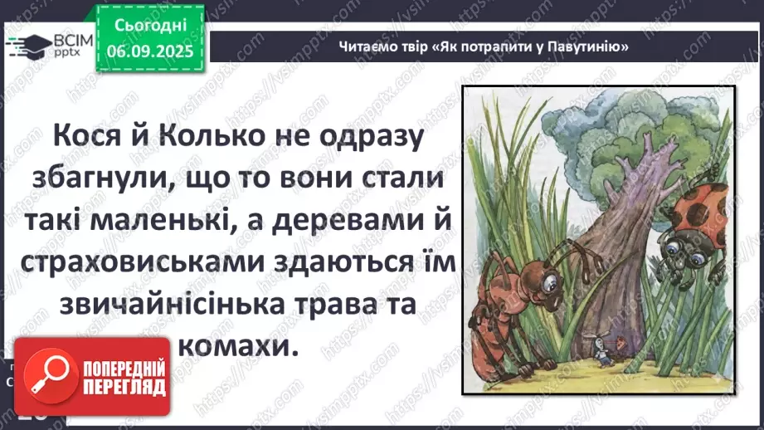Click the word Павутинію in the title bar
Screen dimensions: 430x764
click(x=584, y=46)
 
